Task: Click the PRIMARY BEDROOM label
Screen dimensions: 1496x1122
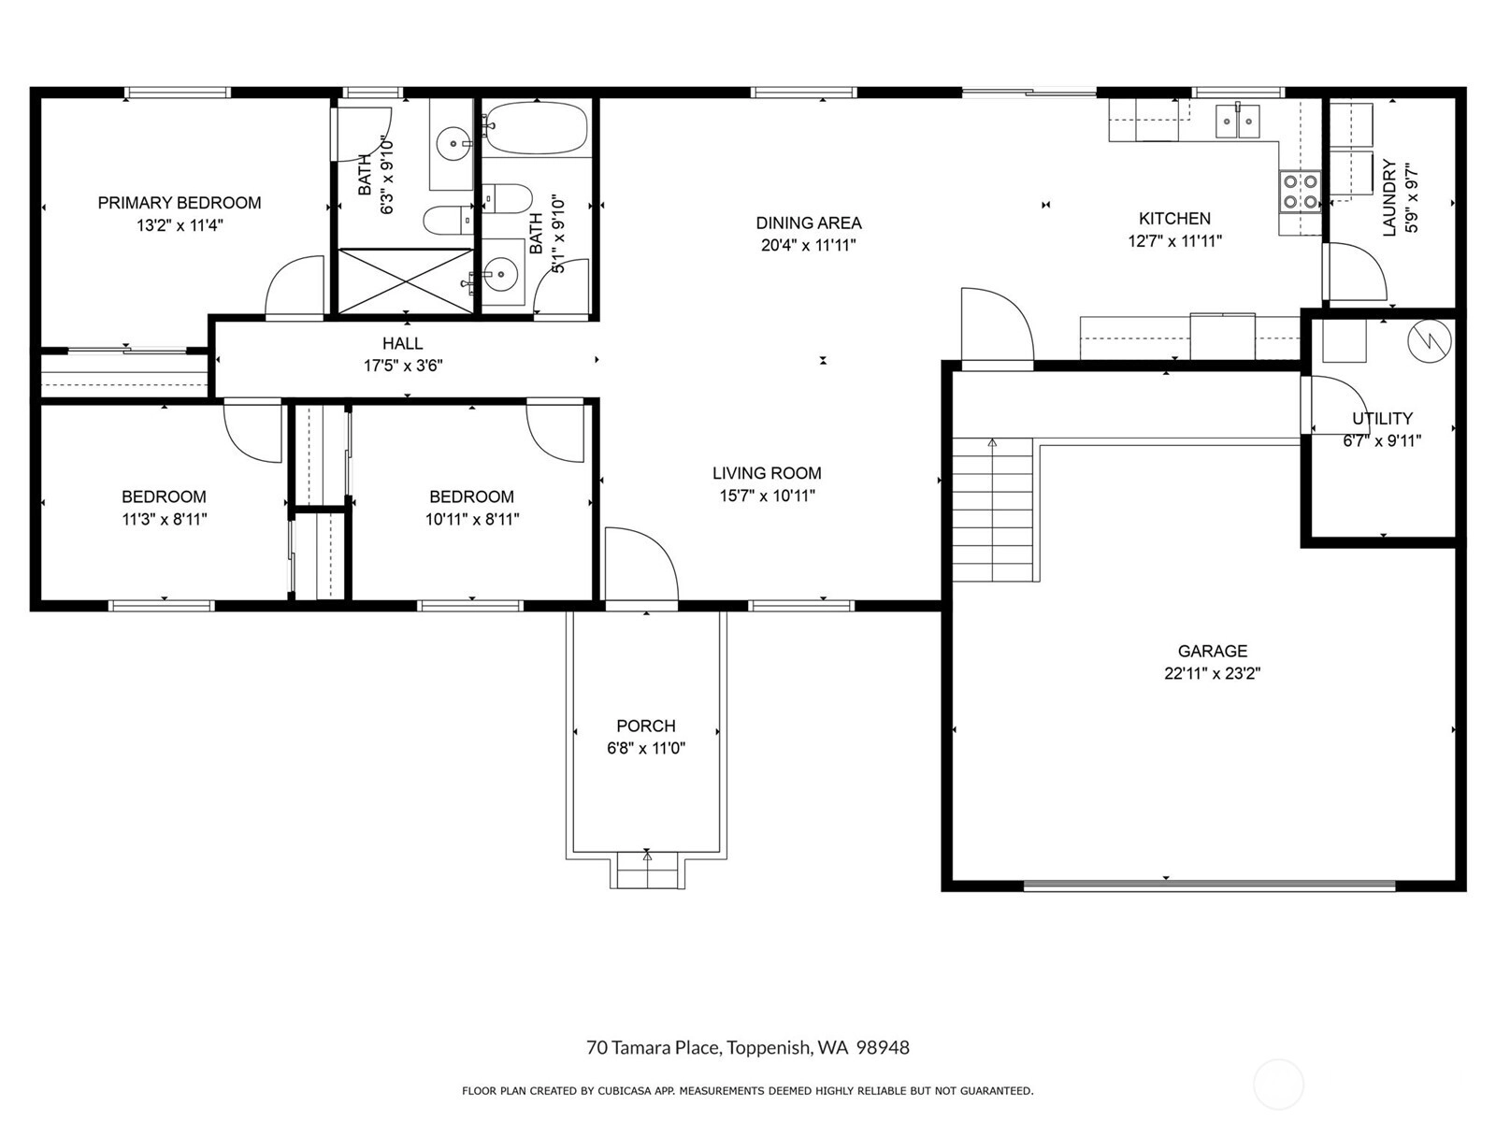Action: click(180, 203)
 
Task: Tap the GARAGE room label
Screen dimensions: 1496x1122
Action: click(1213, 652)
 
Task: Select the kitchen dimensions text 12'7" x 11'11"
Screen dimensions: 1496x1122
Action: click(1175, 241)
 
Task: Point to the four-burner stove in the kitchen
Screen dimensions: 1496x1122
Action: click(1301, 192)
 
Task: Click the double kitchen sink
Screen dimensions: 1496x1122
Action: click(1238, 122)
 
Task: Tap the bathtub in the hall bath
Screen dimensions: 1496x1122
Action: click(537, 128)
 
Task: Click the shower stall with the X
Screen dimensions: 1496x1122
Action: click(406, 281)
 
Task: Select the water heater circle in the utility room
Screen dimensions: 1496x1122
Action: click(1429, 340)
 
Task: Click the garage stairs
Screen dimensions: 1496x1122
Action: click(992, 510)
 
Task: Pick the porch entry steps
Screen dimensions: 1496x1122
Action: click(647, 871)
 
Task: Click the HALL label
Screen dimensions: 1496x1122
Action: click(402, 344)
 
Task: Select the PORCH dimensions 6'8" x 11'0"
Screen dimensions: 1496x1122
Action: click(646, 749)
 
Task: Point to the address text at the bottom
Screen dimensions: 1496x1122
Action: click(748, 1047)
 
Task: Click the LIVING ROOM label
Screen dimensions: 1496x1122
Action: click(767, 473)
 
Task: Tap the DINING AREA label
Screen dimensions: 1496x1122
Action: click(809, 223)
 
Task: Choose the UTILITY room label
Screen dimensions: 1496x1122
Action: click(1382, 418)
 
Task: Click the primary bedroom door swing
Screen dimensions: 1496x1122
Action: click(295, 286)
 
